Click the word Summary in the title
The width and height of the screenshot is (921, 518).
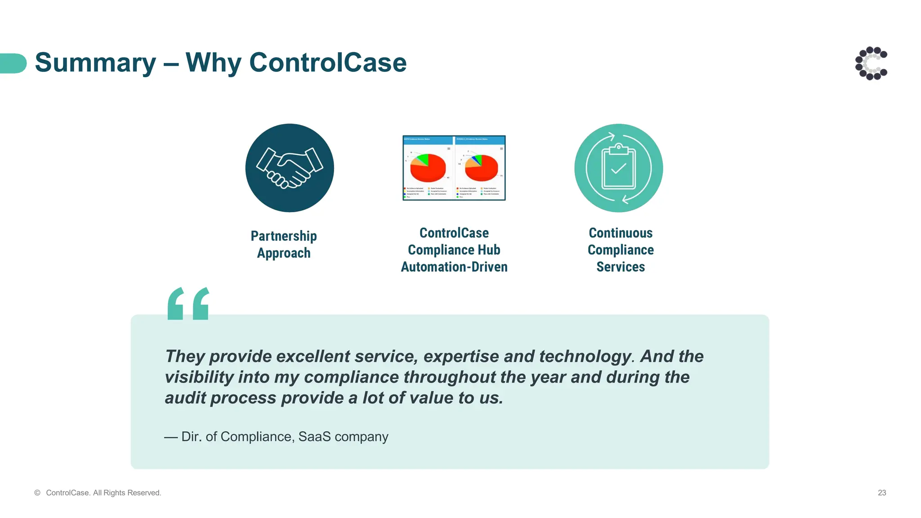(x=95, y=63)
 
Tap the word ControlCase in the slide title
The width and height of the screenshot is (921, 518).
(x=327, y=63)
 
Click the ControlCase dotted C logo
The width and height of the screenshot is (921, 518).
(x=871, y=63)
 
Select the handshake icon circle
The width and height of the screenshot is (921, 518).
(x=290, y=168)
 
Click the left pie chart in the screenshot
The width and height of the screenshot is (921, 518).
(x=428, y=167)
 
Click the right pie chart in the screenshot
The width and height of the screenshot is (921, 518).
(x=481, y=167)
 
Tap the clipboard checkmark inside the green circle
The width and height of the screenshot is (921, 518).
(x=619, y=169)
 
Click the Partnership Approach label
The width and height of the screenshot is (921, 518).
(x=284, y=244)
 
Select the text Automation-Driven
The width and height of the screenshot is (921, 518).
(x=454, y=267)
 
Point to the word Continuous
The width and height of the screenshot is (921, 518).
(x=621, y=233)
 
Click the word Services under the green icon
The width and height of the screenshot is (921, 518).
(x=621, y=267)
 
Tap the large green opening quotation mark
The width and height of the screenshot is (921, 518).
(x=188, y=304)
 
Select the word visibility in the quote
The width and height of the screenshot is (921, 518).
(x=199, y=377)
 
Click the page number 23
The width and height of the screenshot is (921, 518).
(x=881, y=493)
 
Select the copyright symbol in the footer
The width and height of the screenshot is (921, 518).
(x=37, y=493)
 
